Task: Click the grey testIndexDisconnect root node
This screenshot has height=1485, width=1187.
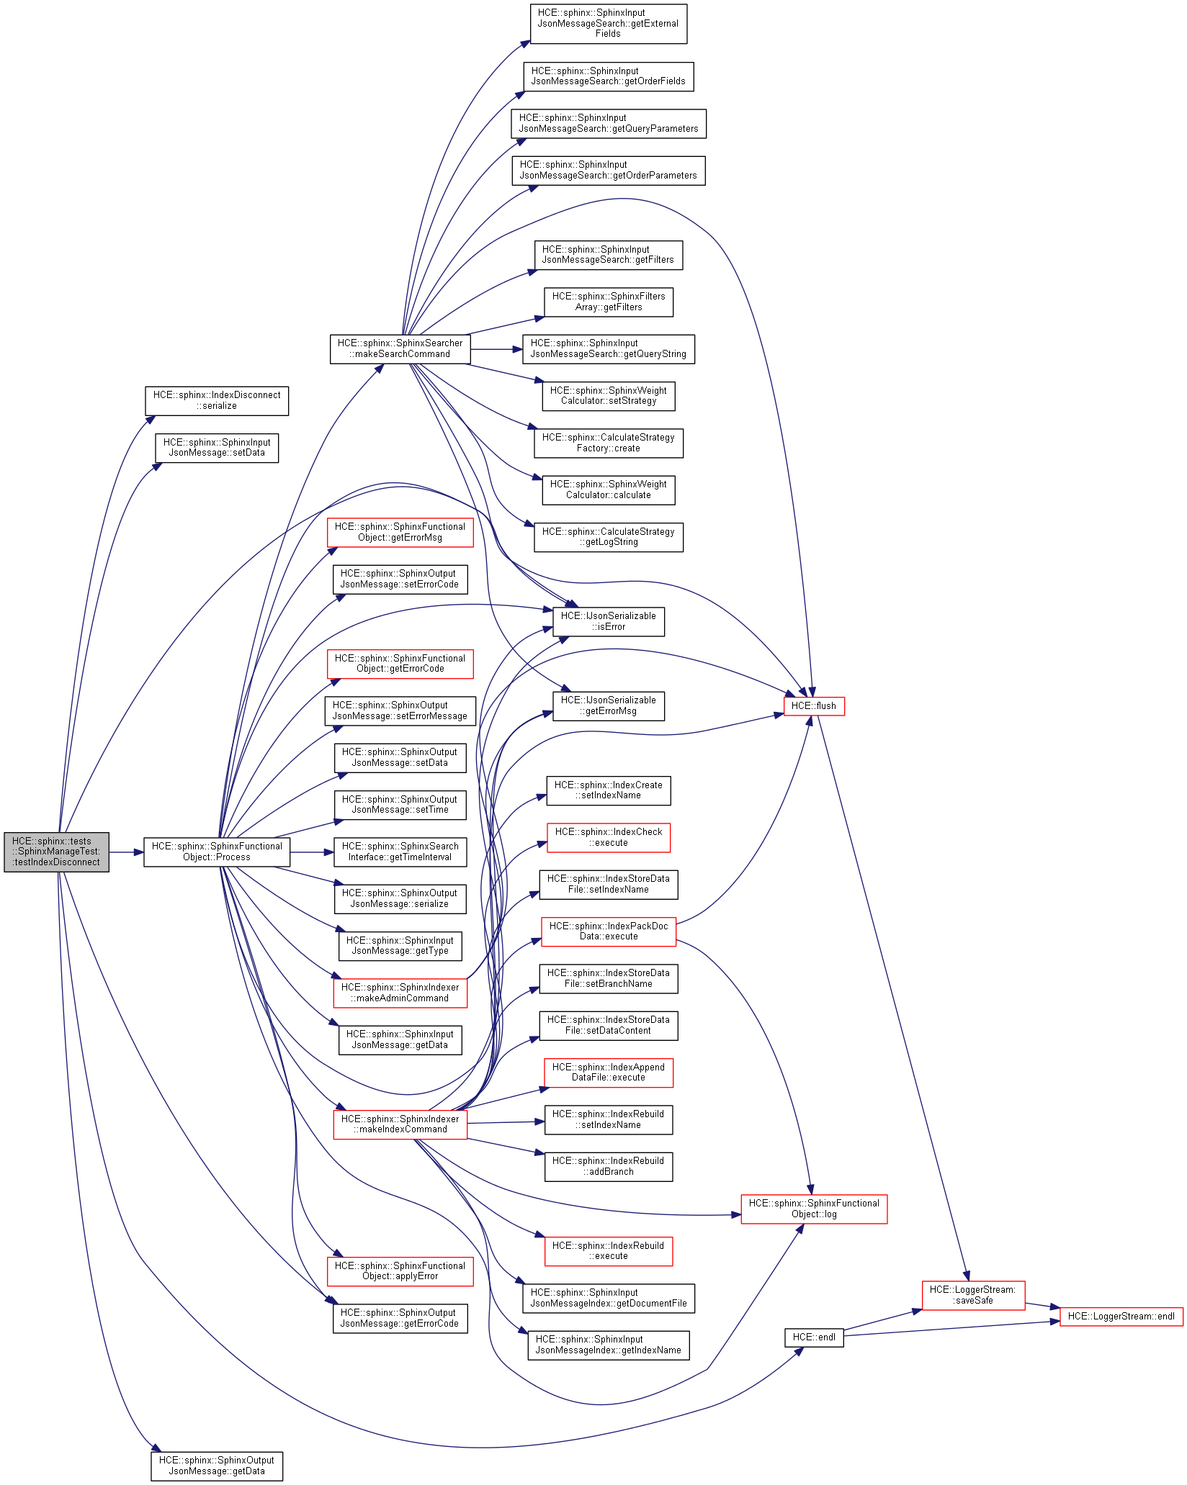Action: [x=56, y=852]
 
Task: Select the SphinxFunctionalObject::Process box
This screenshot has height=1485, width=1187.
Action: [x=217, y=852]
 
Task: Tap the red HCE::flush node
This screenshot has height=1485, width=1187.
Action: [x=813, y=705]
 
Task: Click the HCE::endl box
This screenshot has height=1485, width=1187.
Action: [x=813, y=1337]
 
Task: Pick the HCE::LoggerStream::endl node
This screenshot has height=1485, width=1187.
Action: [x=1121, y=1316]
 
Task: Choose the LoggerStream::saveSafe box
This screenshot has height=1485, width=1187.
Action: [x=973, y=1295]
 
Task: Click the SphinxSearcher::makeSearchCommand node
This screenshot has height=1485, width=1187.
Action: [x=400, y=348]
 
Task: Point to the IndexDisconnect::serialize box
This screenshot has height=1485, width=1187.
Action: [x=217, y=400]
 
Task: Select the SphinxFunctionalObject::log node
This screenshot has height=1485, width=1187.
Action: [x=814, y=1208]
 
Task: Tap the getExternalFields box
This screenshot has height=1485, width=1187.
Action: [x=608, y=23]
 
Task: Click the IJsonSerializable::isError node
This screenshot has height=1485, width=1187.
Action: [x=608, y=621]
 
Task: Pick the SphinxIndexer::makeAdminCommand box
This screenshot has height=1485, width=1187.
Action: [x=400, y=993]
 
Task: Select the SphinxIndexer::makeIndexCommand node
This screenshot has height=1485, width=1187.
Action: [x=400, y=1124]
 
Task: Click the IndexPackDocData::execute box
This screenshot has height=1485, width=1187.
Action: [x=608, y=931]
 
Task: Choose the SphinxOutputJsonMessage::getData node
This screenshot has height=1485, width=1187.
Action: [x=217, y=1465]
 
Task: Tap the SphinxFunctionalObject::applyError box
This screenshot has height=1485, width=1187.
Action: [x=400, y=1270]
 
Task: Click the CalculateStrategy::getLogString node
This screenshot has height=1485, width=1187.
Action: [x=608, y=536]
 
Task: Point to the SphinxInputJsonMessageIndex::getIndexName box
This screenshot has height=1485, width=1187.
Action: [x=608, y=1345]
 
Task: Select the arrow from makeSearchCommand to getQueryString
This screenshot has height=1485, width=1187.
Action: [x=496, y=349]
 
